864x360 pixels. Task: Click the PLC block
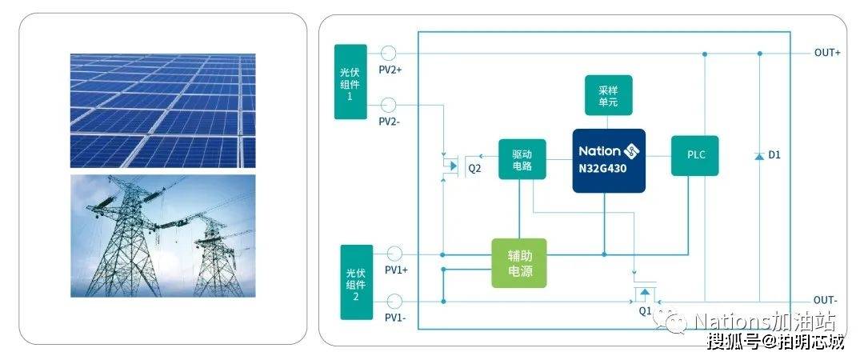tap(695, 155)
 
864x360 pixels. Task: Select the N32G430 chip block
tap(608, 161)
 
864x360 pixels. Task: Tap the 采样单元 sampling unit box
tap(608, 95)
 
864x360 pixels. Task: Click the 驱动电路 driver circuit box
tap(522, 158)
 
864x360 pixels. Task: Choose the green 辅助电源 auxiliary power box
tap(519, 263)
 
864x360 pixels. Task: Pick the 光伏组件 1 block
tap(350, 82)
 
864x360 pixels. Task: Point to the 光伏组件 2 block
tap(357, 282)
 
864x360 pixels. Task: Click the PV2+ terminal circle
tap(389, 53)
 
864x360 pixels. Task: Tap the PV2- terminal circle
tap(389, 105)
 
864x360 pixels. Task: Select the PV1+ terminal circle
tap(394, 254)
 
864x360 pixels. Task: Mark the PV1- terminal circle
tap(394, 301)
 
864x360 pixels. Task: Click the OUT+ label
tap(828, 53)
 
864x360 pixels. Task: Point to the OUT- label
tap(826, 301)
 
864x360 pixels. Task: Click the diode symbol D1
tap(759, 156)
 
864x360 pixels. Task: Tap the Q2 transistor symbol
tap(452, 165)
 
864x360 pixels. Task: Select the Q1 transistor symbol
tap(645, 292)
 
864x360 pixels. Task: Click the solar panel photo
tap(162, 111)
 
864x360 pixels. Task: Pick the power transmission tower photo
tap(162, 236)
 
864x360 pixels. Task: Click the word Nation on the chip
tap(599, 151)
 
